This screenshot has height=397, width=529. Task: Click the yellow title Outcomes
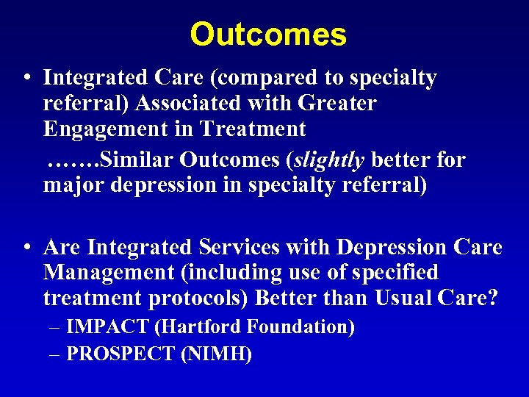click(x=267, y=35)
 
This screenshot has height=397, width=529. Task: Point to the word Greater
click(x=340, y=104)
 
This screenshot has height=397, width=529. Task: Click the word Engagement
click(x=100, y=130)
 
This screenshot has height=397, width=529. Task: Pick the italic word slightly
click(x=331, y=159)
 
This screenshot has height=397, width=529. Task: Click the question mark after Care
click(x=492, y=299)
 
